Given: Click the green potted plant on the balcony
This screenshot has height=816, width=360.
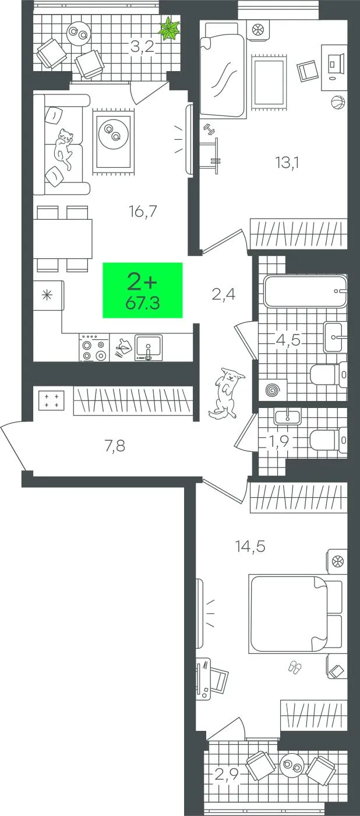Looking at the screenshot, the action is [170, 28].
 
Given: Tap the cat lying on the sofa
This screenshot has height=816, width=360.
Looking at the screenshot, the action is [63, 148].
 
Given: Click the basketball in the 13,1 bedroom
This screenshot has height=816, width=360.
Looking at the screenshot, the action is [337, 103].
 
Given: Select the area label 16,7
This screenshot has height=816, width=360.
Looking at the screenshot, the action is [143, 211].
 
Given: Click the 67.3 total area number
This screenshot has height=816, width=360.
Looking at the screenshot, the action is [143, 303].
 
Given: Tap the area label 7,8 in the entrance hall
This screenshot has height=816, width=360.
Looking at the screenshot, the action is [115, 445].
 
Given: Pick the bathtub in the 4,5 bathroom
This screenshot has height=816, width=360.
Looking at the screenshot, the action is [305, 291].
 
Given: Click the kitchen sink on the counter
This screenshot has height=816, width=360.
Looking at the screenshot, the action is [149, 347].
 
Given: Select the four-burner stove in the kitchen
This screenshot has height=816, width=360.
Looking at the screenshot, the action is [94, 348].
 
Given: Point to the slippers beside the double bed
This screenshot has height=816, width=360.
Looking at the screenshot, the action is [295, 667].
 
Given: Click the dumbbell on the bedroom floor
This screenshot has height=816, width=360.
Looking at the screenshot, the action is [209, 129].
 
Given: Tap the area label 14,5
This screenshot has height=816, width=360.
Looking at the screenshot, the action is [250, 547].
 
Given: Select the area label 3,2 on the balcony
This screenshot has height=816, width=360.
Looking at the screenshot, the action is [142, 47].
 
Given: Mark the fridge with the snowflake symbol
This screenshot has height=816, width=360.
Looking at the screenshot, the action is [48, 295].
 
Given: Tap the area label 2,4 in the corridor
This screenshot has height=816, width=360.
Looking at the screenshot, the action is [224, 294].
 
